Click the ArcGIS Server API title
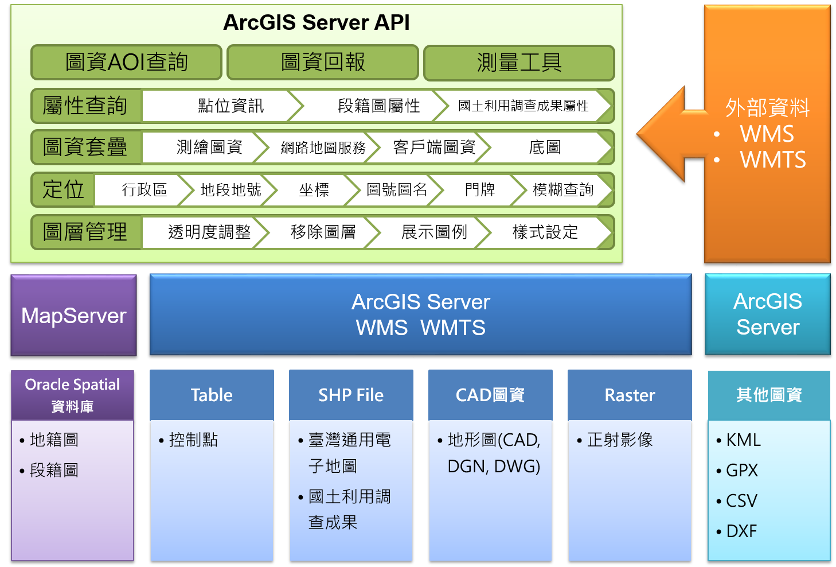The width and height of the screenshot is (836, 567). [316, 22]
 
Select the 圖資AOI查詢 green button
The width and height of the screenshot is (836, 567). [127, 63]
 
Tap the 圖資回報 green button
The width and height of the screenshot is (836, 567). [323, 63]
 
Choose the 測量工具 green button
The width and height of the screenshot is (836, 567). [519, 63]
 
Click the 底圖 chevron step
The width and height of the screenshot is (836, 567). [545, 147]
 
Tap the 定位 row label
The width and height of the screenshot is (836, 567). [63, 189]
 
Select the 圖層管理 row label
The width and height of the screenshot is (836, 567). [85, 232]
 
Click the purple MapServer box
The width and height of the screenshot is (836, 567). [74, 315]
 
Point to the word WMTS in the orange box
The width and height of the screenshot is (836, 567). [772, 160]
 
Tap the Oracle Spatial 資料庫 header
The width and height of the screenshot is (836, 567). [72, 395]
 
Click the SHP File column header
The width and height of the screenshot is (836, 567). [351, 395]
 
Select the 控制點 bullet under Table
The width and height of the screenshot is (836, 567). [189, 440]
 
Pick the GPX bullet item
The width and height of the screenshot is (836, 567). [737, 470]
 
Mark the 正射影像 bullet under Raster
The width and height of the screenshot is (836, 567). [615, 440]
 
